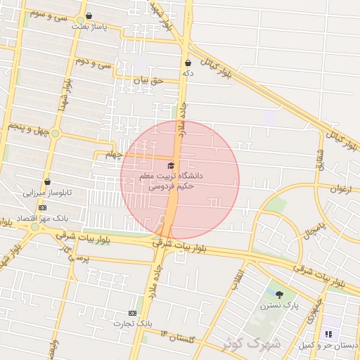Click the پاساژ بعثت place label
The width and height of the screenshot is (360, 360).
[x=89, y=26]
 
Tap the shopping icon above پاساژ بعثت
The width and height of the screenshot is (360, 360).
[x=89, y=16]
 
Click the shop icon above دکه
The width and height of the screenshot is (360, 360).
[x=188, y=63]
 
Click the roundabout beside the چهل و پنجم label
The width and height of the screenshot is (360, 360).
[x=55, y=133]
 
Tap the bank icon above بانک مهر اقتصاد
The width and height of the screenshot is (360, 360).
[x=42, y=207]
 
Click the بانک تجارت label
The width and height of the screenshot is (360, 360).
[x=134, y=322]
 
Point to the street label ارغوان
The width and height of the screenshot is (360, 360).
[x=345, y=188]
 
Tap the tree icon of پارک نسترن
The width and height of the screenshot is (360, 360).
[x=279, y=295]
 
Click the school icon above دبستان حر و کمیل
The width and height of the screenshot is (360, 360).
[x=327, y=335]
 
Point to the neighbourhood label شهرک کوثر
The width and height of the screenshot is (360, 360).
[x=251, y=344]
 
